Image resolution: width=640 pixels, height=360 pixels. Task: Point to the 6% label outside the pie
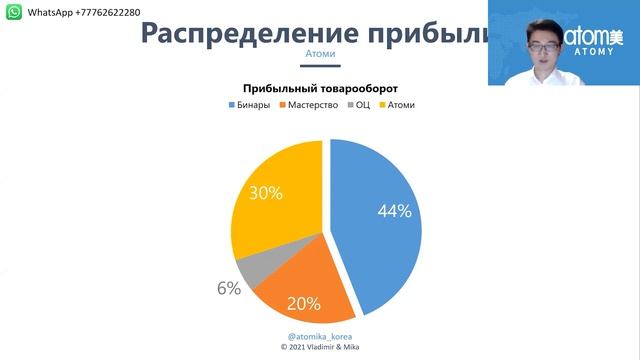coord(229,289)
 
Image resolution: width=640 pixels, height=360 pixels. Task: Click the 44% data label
coord(394,211)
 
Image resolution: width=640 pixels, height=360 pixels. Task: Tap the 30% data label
coord(265,193)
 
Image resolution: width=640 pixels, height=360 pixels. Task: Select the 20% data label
coord(304,303)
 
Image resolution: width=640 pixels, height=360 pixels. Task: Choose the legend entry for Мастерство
coord(310,105)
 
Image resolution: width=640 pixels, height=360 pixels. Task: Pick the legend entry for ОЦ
coord(358,105)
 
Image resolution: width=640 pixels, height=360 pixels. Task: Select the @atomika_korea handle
coord(319,337)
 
